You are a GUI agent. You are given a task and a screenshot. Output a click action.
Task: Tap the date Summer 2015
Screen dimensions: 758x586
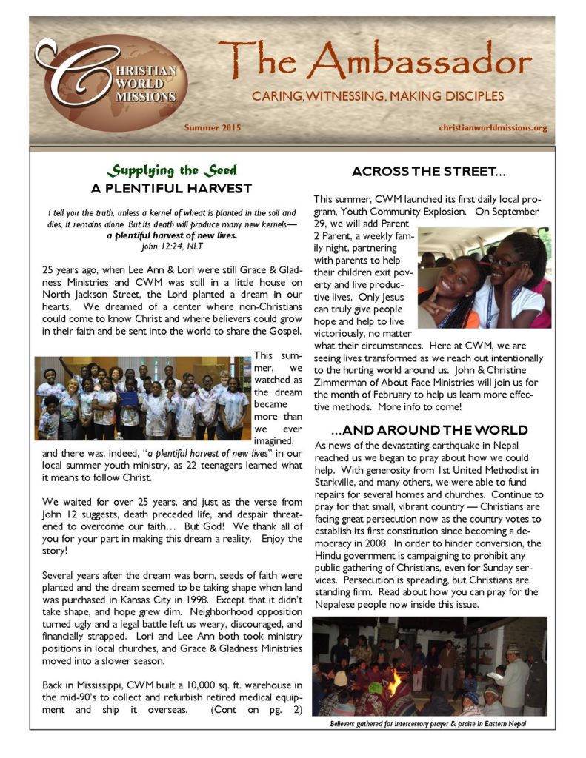[213, 128]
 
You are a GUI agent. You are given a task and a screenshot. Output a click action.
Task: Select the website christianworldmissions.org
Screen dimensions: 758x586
[493, 128]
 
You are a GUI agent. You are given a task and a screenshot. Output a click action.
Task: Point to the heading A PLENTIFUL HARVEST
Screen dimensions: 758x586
[171, 188]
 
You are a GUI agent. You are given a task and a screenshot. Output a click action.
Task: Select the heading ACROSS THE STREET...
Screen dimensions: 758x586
[429, 172]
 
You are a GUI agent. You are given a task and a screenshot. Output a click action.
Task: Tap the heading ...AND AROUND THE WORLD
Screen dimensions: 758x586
[430, 430]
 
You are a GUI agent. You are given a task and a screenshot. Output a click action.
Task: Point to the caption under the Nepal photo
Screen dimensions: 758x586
[429, 723]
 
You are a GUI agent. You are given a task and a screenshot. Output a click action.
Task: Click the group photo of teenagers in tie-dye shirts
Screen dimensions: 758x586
[142, 398]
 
